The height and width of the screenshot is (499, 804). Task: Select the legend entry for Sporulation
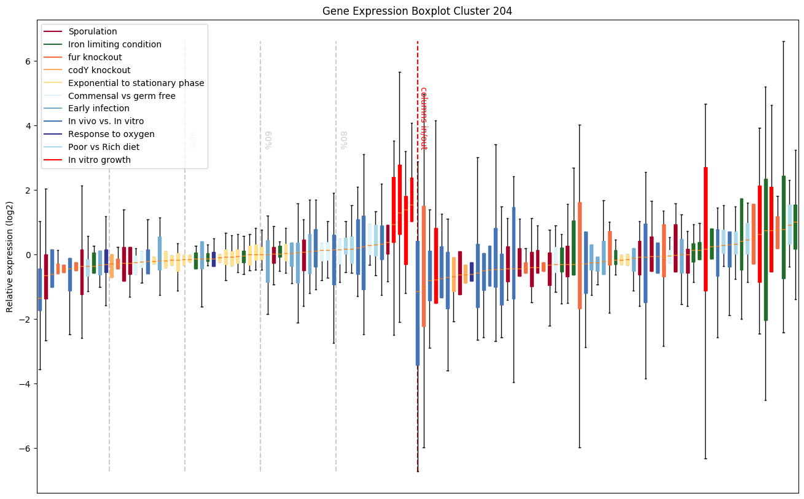point(93,31)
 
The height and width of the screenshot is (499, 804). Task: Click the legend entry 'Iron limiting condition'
point(115,44)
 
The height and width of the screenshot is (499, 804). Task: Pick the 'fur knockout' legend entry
point(95,57)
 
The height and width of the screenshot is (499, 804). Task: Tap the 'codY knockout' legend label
point(100,70)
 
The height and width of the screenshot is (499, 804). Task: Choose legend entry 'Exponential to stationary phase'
point(136,83)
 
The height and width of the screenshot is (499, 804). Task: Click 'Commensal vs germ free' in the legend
point(122,96)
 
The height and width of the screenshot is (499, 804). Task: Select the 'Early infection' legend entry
point(99,109)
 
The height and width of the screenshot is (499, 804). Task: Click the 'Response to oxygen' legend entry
point(111,134)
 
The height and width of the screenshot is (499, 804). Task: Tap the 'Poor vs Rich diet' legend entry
point(104,147)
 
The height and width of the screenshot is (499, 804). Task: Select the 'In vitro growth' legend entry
point(100,160)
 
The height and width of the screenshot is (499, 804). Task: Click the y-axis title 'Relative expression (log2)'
point(10,256)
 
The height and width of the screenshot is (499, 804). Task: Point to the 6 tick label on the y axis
point(28,61)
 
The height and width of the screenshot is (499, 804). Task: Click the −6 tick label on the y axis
point(26,449)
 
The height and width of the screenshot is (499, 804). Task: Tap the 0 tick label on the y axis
point(28,255)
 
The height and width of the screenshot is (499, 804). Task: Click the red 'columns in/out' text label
point(423,118)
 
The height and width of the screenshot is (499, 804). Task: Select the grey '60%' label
point(268,140)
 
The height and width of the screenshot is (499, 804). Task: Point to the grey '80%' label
point(343,140)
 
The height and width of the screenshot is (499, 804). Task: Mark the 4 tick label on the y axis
point(28,126)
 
